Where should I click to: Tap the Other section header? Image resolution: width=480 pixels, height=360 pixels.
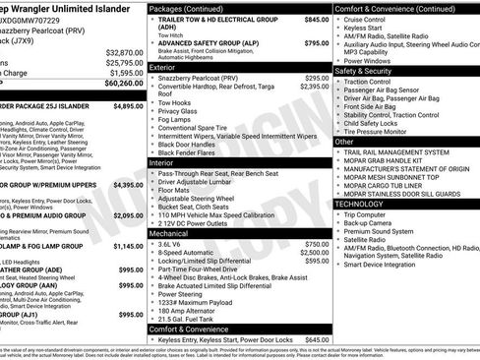(x=345, y=142)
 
